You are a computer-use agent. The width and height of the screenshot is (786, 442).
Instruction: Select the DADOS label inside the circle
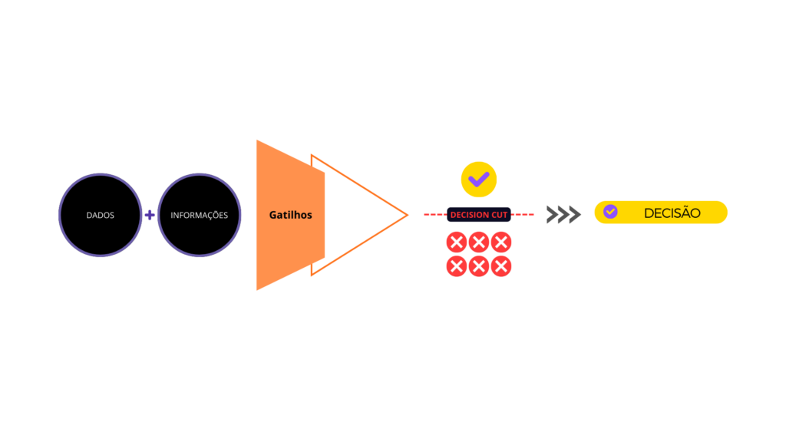[100, 216]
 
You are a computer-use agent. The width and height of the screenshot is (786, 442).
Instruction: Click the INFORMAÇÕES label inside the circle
[199, 216]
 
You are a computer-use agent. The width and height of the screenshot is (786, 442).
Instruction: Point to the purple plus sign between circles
[150, 215]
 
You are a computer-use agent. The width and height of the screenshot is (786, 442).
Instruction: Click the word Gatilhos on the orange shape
[290, 215]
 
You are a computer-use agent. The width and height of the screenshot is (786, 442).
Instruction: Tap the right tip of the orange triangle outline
[407, 215]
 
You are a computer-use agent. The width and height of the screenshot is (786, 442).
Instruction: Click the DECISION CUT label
[479, 215]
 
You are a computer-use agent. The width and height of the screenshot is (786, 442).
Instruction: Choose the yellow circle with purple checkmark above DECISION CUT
[479, 180]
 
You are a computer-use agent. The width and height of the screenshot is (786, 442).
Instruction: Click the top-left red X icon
[457, 242]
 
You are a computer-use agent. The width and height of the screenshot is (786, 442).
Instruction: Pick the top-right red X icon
[501, 242]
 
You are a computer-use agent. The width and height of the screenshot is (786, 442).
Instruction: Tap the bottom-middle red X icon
[479, 266]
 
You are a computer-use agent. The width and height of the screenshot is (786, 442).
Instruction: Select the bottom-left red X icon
[457, 266]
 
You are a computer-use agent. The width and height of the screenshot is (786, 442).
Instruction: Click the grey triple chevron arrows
[563, 215]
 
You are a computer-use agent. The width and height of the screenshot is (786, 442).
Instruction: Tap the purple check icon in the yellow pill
[610, 212]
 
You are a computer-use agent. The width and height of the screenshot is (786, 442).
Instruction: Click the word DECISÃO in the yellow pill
[672, 213]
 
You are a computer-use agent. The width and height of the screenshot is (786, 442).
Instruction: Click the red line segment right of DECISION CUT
[523, 215]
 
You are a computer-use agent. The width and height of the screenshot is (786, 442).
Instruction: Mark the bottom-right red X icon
[501, 266]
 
